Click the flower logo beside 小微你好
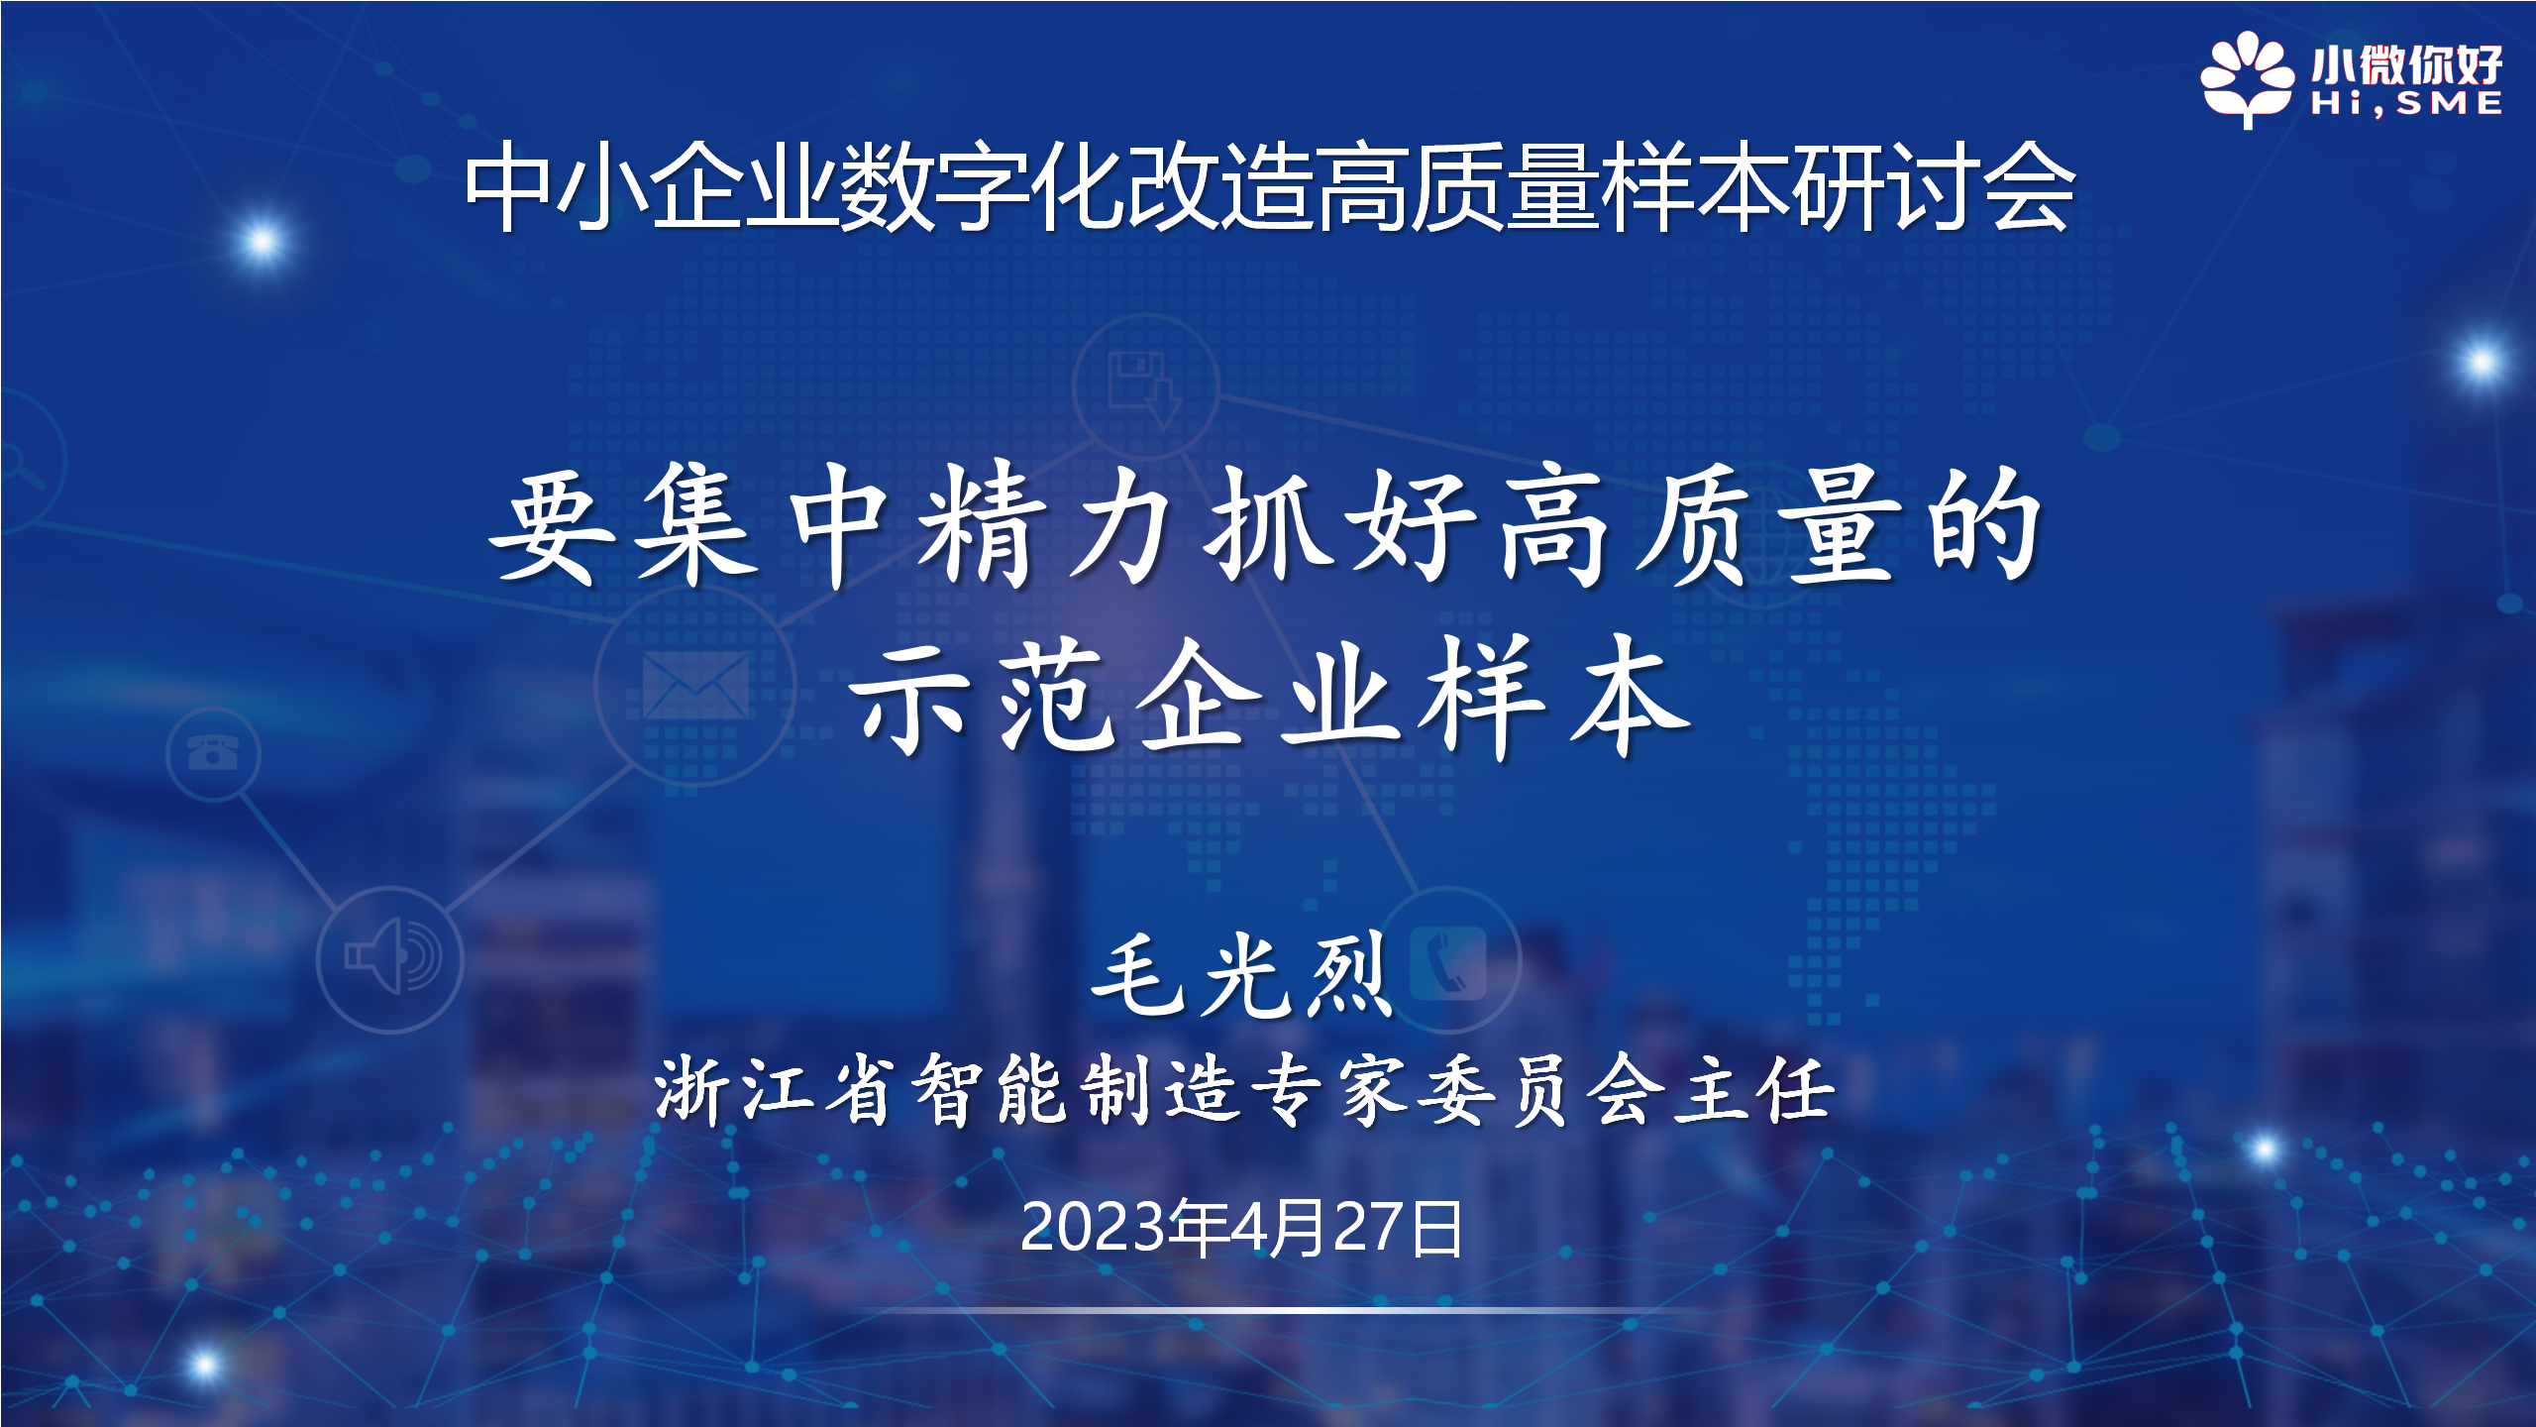tap(2247, 79)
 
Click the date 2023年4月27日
tap(1241, 1228)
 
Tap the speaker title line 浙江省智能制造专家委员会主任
tap(1245, 1089)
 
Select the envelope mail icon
tap(695, 685)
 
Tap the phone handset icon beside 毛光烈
tap(1448, 963)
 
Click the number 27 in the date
tap(1371, 1228)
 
